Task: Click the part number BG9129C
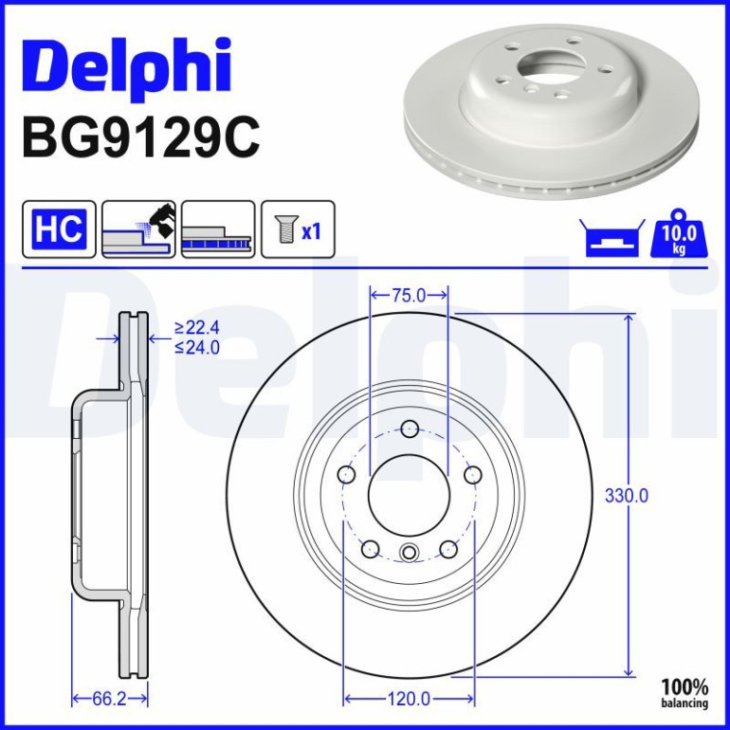pyautogui.click(x=141, y=138)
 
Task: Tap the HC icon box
pyautogui.click(x=59, y=229)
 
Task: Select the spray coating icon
pyautogui.click(x=138, y=229)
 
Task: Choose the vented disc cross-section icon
pyautogui.click(x=218, y=229)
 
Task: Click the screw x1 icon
pyautogui.click(x=298, y=229)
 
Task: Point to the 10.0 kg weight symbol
pyautogui.click(x=679, y=233)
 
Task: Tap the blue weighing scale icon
pyautogui.click(x=612, y=238)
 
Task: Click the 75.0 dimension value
pyautogui.click(x=409, y=295)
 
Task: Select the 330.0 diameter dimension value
pyautogui.click(x=626, y=496)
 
